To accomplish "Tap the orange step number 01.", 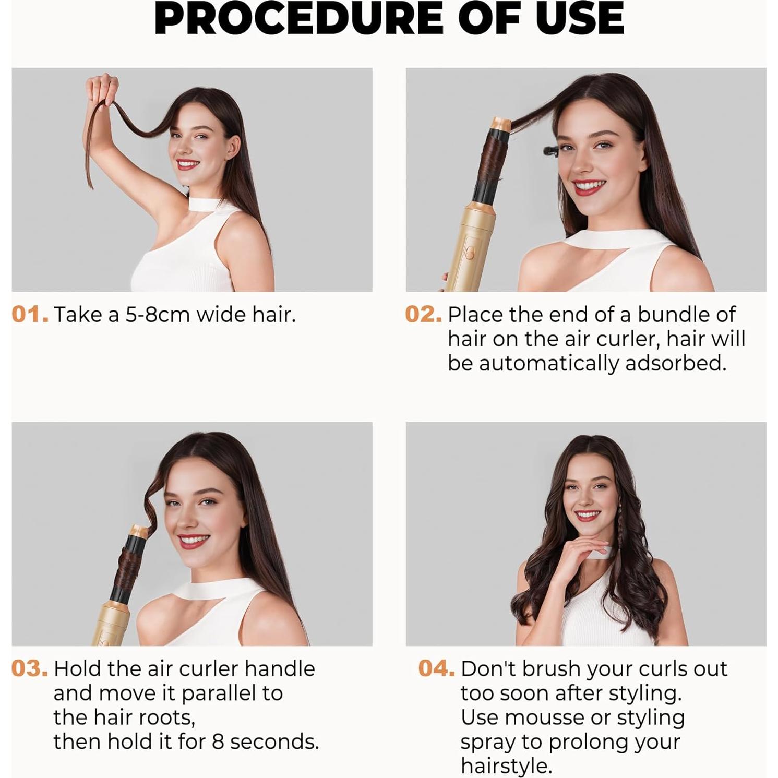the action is point(30,315).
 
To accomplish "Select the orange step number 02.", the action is point(423,315).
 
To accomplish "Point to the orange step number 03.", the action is point(30,668).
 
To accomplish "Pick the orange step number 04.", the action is point(436,668).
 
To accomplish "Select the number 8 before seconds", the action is point(218,741).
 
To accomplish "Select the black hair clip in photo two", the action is point(552,151).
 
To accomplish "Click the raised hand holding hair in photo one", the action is point(102,89).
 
